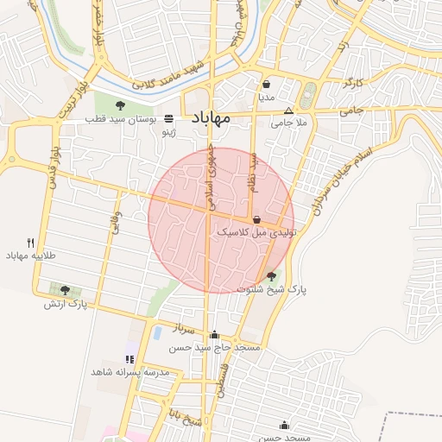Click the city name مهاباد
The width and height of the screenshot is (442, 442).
coord(208,118)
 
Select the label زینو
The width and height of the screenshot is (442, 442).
coord(170,133)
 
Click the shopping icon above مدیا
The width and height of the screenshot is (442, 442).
coord(267,85)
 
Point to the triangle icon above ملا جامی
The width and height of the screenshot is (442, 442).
coord(288,111)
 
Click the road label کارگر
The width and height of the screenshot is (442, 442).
coord(353,84)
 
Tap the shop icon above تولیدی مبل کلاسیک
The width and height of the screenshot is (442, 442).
coord(257,220)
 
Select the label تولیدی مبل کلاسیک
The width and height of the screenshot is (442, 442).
coord(256,233)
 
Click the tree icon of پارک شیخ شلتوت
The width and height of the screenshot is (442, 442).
coord(272,277)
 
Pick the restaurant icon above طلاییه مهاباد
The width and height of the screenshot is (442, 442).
coord(31,243)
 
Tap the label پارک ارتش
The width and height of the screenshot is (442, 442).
coord(66,304)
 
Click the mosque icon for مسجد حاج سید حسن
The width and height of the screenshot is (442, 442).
coord(214,335)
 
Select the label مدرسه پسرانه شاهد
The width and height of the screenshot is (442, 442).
coord(129,371)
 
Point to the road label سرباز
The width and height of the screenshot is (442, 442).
coord(186,329)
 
